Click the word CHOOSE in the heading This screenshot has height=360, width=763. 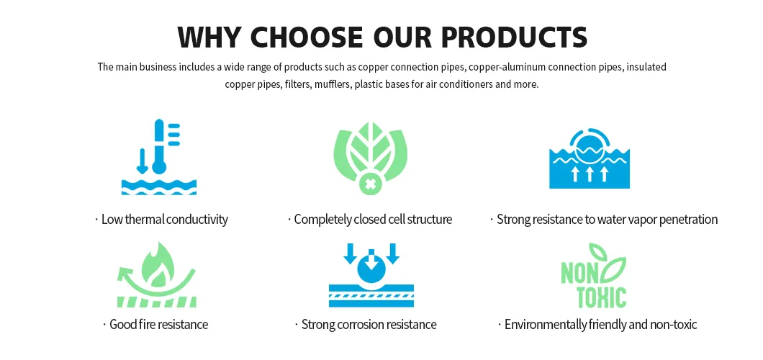pyautogui.click(x=307, y=36)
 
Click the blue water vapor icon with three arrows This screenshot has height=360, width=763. pyautogui.click(x=589, y=158)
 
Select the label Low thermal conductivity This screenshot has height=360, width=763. pyautogui.click(x=164, y=220)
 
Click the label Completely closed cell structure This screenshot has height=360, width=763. pyautogui.click(x=373, y=220)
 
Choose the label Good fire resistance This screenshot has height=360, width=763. pyautogui.click(x=158, y=325)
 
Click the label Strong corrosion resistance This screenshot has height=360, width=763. pyautogui.click(x=369, y=325)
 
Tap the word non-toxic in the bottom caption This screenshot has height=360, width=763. pyautogui.click(x=674, y=325)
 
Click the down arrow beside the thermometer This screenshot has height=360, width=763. pyautogui.click(x=143, y=161)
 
